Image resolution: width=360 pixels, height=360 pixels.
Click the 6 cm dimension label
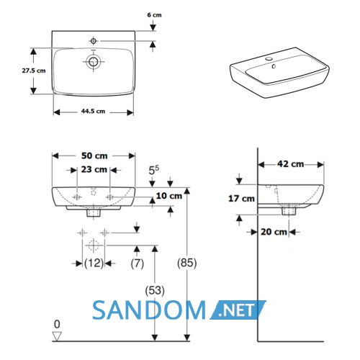(154, 15)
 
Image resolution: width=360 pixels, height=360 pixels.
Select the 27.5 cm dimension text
(34, 71)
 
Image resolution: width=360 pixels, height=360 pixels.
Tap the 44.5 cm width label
(93, 111)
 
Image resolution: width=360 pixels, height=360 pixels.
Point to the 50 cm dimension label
(94, 156)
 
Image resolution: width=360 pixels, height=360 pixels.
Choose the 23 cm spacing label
(94, 169)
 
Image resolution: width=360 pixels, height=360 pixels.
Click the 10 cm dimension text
(169, 196)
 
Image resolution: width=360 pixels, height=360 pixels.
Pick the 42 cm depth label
(291, 164)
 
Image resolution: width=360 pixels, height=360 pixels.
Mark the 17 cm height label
(241, 199)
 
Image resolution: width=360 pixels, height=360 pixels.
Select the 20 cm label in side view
(274, 232)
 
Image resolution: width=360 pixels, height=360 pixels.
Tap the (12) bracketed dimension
(94, 264)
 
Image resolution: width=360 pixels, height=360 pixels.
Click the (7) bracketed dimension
(138, 264)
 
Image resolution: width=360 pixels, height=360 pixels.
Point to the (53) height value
(155, 291)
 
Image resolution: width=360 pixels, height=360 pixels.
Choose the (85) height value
(187, 263)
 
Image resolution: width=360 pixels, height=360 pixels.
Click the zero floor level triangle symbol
(57, 336)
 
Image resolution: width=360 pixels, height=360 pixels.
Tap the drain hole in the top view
(93, 62)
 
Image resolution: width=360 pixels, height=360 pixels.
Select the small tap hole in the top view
(94, 41)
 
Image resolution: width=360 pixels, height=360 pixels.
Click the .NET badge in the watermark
(238, 310)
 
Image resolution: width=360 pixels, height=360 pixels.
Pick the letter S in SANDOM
(99, 310)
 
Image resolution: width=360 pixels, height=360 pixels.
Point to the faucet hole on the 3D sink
(269, 58)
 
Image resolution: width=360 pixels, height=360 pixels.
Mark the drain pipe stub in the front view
(94, 212)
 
